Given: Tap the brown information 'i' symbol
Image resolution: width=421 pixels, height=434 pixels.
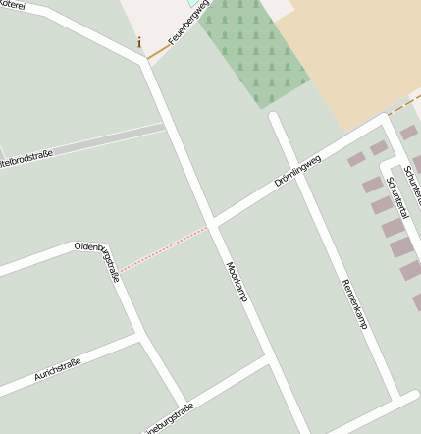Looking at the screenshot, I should (x=139, y=42).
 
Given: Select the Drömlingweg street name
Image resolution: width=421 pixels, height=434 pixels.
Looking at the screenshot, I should (x=298, y=170).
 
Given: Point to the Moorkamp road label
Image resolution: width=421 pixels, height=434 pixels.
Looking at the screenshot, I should (x=237, y=281).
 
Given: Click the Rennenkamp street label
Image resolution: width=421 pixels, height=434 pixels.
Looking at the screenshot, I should (x=354, y=302).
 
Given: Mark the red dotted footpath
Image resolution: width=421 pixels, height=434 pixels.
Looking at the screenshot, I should (x=164, y=247).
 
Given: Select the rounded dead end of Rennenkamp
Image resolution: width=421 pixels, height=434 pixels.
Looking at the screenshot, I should (x=276, y=117).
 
